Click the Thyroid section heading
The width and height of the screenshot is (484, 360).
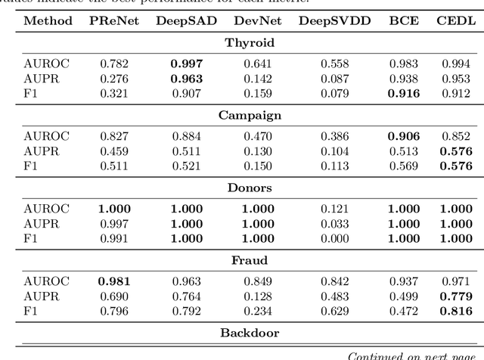pyautogui.click(x=250, y=42)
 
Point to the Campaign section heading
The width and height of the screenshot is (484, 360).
pyautogui.click(x=250, y=115)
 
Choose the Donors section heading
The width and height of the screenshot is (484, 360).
pyautogui.click(x=250, y=188)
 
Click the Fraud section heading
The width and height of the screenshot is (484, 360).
pyautogui.click(x=250, y=260)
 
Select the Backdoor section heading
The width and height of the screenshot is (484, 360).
pyautogui.click(x=250, y=333)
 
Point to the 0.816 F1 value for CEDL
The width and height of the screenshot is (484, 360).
pyautogui.click(x=456, y=312)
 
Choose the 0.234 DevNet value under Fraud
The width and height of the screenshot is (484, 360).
pyautogui.click(x=258, y=312)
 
